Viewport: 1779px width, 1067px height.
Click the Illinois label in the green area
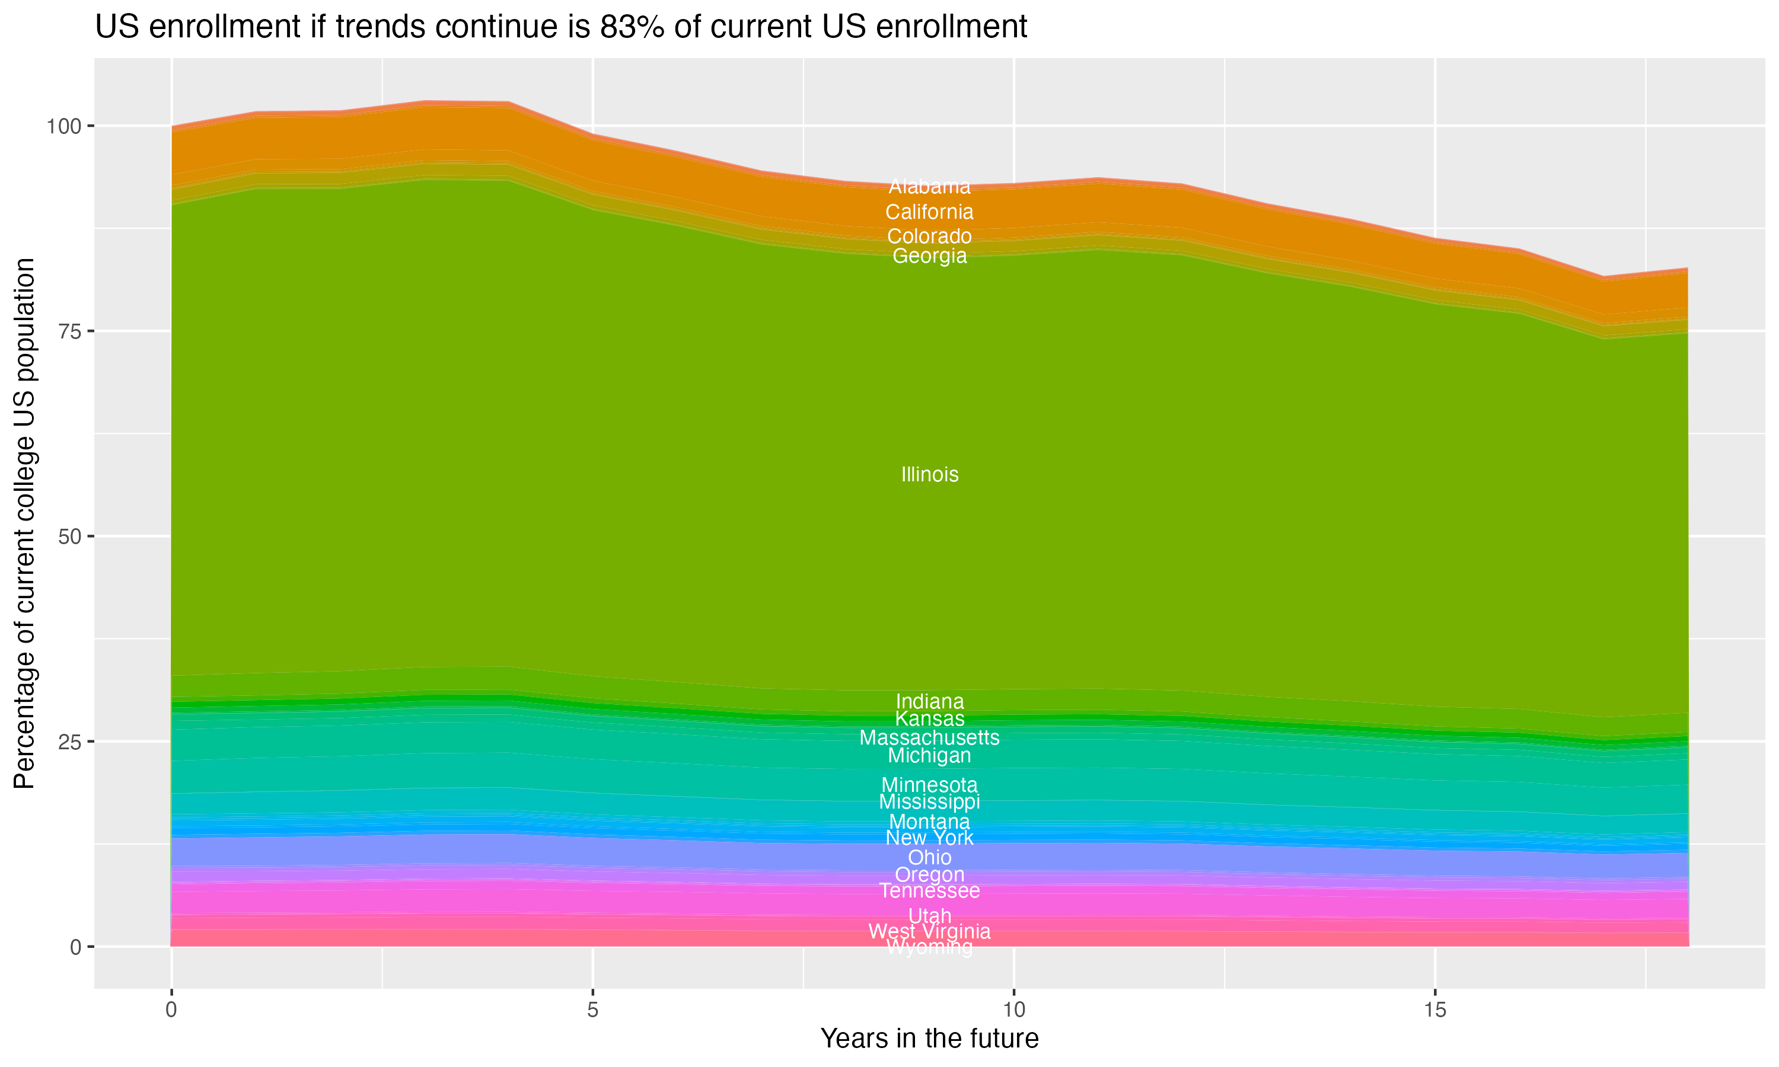coord(929,475)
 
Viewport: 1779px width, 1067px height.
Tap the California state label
coord(929,212)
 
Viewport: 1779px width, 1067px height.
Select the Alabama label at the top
coord(929,187)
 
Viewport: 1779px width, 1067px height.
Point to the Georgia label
coord(929,256)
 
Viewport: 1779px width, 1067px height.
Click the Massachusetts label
coord(929,737)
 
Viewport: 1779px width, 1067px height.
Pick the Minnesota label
coord(929,785)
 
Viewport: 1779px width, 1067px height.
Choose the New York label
coord(929,838)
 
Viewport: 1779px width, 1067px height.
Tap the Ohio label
coord(929,857)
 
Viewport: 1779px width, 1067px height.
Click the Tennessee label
coord(929,891)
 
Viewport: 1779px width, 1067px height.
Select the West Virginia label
coord(929,932)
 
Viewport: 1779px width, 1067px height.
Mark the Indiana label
coord(929,701)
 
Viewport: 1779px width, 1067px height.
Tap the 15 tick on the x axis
coord(1434,1010)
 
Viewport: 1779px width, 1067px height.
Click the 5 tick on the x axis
coord(592,1010)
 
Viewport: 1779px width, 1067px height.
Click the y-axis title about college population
coord(24,523)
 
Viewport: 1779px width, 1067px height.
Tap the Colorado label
coord(929,236)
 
